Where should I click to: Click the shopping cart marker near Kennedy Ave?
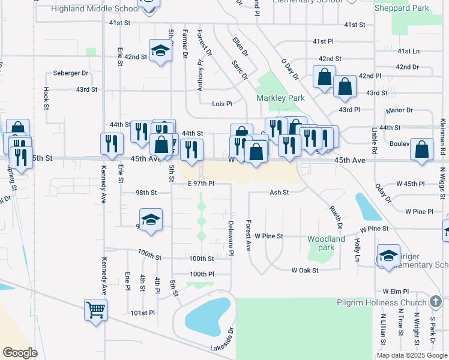point(95,310)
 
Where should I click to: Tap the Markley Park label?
point(280,98)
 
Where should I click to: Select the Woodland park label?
point(326,243)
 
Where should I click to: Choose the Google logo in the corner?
point(20,353)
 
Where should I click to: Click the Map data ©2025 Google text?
point(411,355)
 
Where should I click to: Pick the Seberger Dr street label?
point(70,73)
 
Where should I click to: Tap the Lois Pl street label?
point(221,104)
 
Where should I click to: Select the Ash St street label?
point(279,193)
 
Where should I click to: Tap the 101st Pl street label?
point(143,313)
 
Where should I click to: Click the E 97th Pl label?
point(200,183)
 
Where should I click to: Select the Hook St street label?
point(46,99)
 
